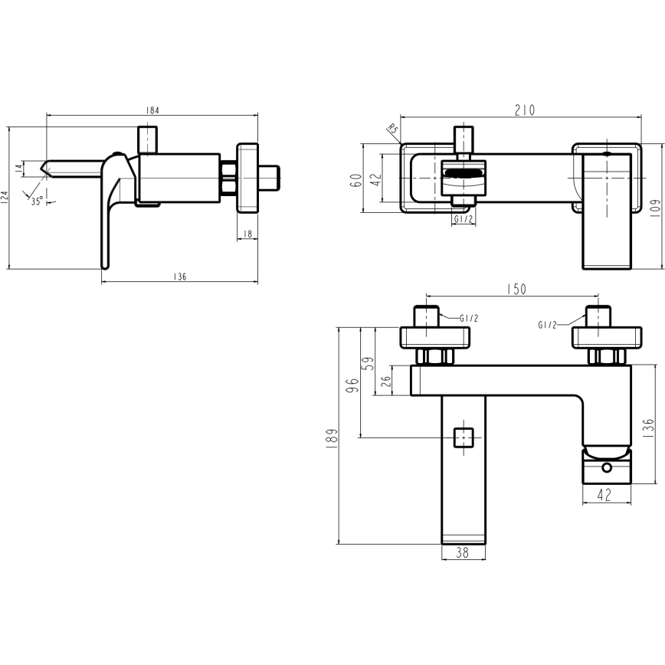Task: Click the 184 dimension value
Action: (152, 110)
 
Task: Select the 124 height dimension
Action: (5, 198)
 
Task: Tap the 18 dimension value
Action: (247, 234)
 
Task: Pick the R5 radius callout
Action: (393, 131)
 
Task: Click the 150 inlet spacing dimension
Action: (517, 289)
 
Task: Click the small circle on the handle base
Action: (606, 467)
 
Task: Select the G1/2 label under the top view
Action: (462, 220)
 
